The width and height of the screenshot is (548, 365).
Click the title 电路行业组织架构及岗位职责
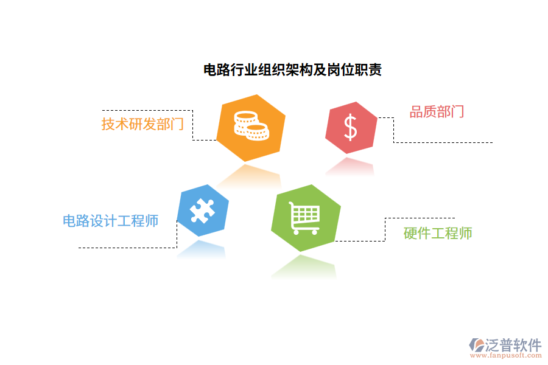click(292, 70)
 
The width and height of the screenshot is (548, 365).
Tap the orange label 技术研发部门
click(142, 124)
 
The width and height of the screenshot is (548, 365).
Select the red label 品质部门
click(437, 111)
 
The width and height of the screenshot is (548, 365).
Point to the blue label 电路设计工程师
click(111, 221)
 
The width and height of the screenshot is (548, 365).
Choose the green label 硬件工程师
click(438, 233)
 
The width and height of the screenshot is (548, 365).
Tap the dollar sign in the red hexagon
click(351, 127)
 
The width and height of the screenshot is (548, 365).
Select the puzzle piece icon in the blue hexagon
click(202, 210)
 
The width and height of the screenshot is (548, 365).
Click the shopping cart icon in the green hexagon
click(304, 218)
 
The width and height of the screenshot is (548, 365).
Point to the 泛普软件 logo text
click(513, 345)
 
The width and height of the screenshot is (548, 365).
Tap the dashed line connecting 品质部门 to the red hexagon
click(426, 142)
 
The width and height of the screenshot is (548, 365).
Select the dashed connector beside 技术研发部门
click(193, 125)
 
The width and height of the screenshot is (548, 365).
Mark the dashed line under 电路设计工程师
click(128, 248)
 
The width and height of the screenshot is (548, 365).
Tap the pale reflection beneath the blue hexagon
click(202, 249)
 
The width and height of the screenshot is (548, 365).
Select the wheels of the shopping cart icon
click(304, 231)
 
